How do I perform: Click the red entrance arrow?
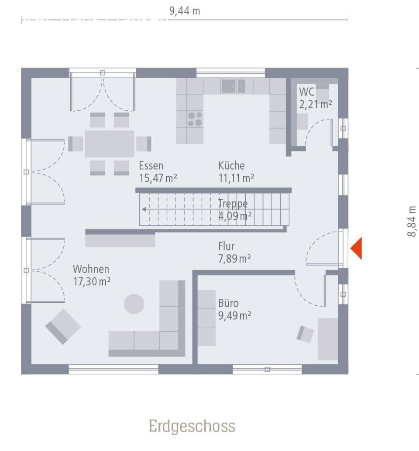point(357,249)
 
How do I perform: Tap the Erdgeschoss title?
point(192,426)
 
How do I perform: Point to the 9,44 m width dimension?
point(185,11)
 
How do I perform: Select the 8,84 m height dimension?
point(412,221)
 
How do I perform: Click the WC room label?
point(307,92)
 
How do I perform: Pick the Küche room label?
point(231,166)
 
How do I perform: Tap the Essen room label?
point(151,166)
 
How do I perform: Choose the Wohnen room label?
point(91,269)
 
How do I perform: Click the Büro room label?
point(228,303)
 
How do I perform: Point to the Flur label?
point(227,246)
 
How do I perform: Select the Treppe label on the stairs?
point(233,203)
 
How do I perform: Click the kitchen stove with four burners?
point(195,119)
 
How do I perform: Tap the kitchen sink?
point(234,86)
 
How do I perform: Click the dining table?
point(109,143)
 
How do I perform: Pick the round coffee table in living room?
point(134,304)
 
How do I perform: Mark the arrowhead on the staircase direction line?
point(143,209)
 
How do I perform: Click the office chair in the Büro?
point(306,334)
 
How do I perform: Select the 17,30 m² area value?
point(92,282)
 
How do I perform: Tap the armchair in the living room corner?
point(63,326)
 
